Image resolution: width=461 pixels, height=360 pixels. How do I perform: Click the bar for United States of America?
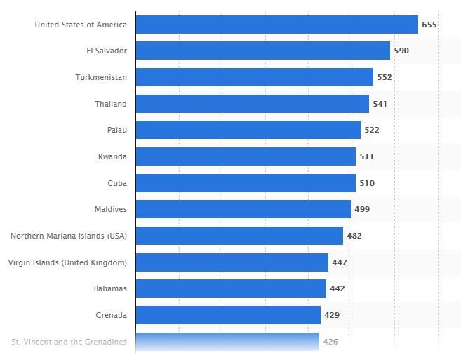coord(276,25)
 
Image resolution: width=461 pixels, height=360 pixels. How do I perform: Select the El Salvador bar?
coord(262,51)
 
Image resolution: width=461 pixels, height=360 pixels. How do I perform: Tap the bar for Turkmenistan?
coord(254,77)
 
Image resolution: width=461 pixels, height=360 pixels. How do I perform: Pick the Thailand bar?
coord(252,104)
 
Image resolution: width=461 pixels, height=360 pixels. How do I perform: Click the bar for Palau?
coord(248,130)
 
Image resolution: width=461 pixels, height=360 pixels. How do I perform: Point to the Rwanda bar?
coord(246,156)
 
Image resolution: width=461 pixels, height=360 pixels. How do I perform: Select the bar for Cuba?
coord(246,183)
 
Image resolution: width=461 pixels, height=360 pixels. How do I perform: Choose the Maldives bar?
coord(243,209)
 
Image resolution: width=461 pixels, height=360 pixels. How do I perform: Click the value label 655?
coord(429,25)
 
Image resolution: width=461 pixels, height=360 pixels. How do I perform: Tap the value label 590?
coord(401,51)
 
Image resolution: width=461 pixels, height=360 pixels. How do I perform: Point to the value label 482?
coord(354,236)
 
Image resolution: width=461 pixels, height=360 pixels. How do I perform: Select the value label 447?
coord(340,262)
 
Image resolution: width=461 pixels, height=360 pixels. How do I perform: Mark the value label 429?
coord(332,315)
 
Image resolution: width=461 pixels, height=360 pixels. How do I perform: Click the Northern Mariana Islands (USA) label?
coord(69,236)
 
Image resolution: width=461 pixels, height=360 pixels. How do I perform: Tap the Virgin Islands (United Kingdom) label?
coord(67,262)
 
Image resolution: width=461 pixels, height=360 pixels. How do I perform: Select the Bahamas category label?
coord(110,288)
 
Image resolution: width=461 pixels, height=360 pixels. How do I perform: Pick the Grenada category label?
coord(111,315)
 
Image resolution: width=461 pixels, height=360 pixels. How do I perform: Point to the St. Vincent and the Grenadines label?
coord(69,342)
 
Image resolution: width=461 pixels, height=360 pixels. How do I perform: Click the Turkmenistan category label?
coord(101,77)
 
